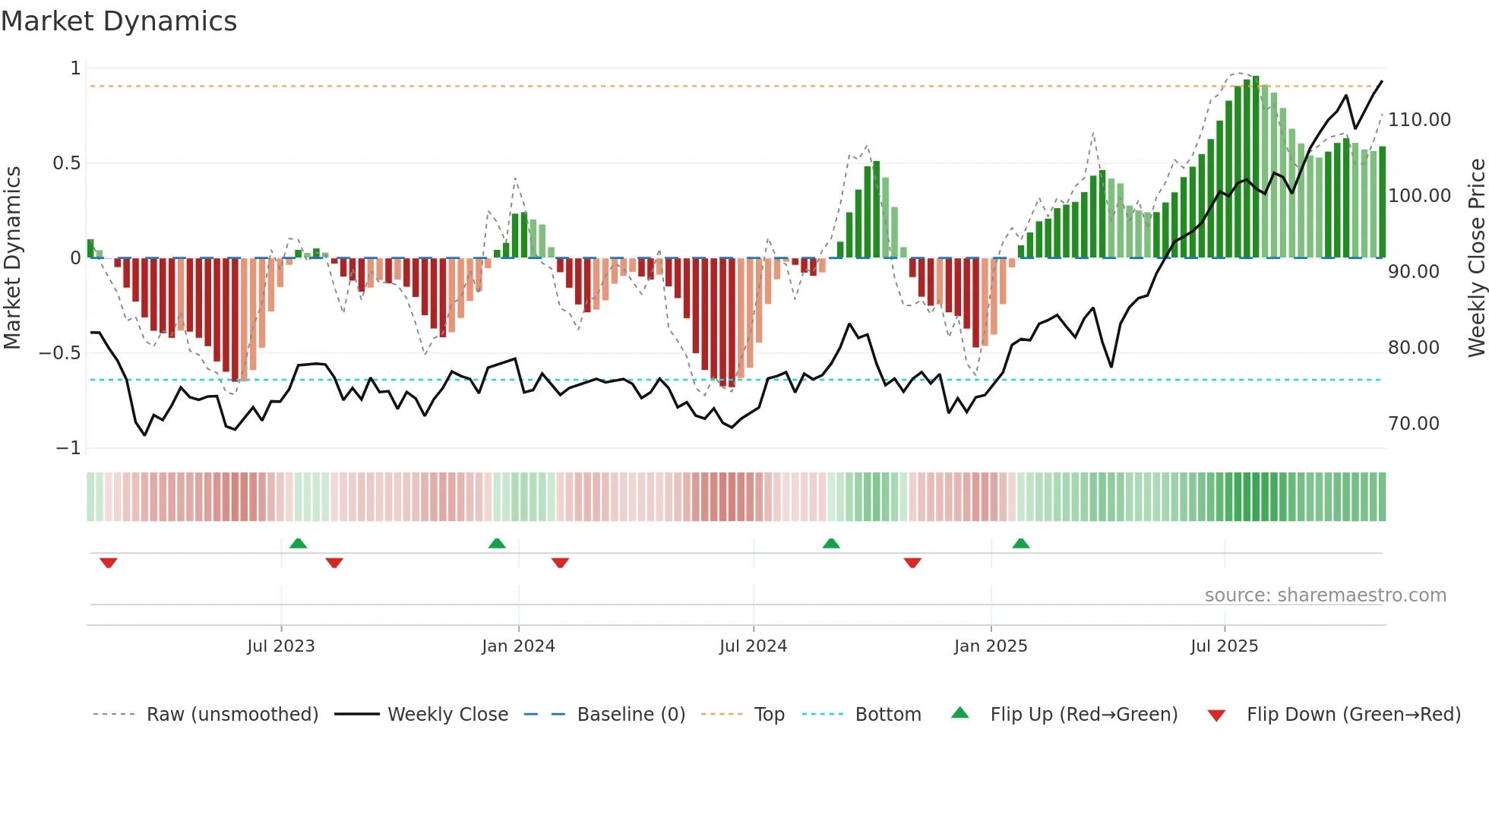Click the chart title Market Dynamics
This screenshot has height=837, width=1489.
119,21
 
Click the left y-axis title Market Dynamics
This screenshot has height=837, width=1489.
12,257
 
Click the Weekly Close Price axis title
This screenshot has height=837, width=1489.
1476,257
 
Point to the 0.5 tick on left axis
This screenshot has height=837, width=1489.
66,163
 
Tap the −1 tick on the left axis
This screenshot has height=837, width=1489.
68,448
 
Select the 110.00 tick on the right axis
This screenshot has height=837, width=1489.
1418,120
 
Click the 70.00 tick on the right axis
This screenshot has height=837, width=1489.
1413,424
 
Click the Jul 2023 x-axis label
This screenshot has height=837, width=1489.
280,646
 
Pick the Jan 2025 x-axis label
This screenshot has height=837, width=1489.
990,646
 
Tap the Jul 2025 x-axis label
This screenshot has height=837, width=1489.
1224,646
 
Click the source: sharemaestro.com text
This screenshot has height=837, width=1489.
1325,595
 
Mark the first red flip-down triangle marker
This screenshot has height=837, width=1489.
109,563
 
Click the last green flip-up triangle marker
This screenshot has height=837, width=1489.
1020,543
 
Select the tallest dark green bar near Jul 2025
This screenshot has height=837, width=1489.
1256,167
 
